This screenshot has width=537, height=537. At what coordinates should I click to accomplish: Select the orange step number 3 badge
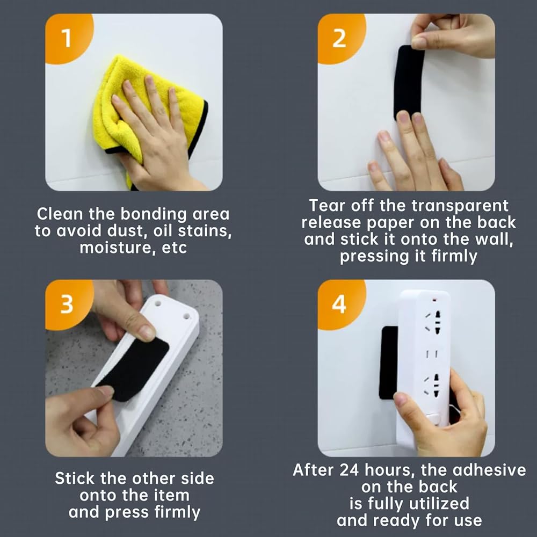[67, 303]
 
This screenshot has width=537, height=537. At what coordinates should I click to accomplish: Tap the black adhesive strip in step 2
[409, 82]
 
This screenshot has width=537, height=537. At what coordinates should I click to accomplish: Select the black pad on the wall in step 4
[388, 363]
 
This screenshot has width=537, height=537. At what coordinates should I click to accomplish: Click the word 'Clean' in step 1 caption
[60, 214]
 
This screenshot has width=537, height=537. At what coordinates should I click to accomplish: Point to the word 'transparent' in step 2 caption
[460, 206]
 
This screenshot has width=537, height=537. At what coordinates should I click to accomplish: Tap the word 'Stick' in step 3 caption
[75, 478]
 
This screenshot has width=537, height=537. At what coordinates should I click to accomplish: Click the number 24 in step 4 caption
[349, 470]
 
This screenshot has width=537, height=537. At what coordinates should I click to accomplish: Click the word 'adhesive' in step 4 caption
[489, 470]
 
